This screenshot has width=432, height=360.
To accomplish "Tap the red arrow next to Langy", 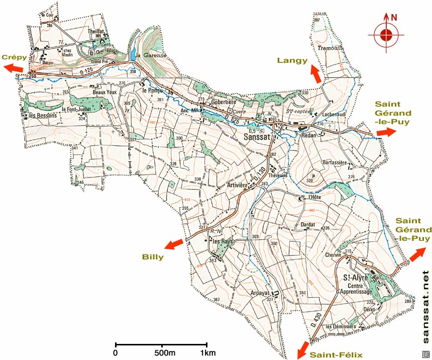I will (315, 73).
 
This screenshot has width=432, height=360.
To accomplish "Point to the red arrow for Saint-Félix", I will (302, 349).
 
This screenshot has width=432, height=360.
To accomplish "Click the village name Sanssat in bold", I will (260, 136).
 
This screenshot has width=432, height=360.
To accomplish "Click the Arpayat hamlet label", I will (260, 293).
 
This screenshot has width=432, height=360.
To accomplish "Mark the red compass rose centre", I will (386, 35).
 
